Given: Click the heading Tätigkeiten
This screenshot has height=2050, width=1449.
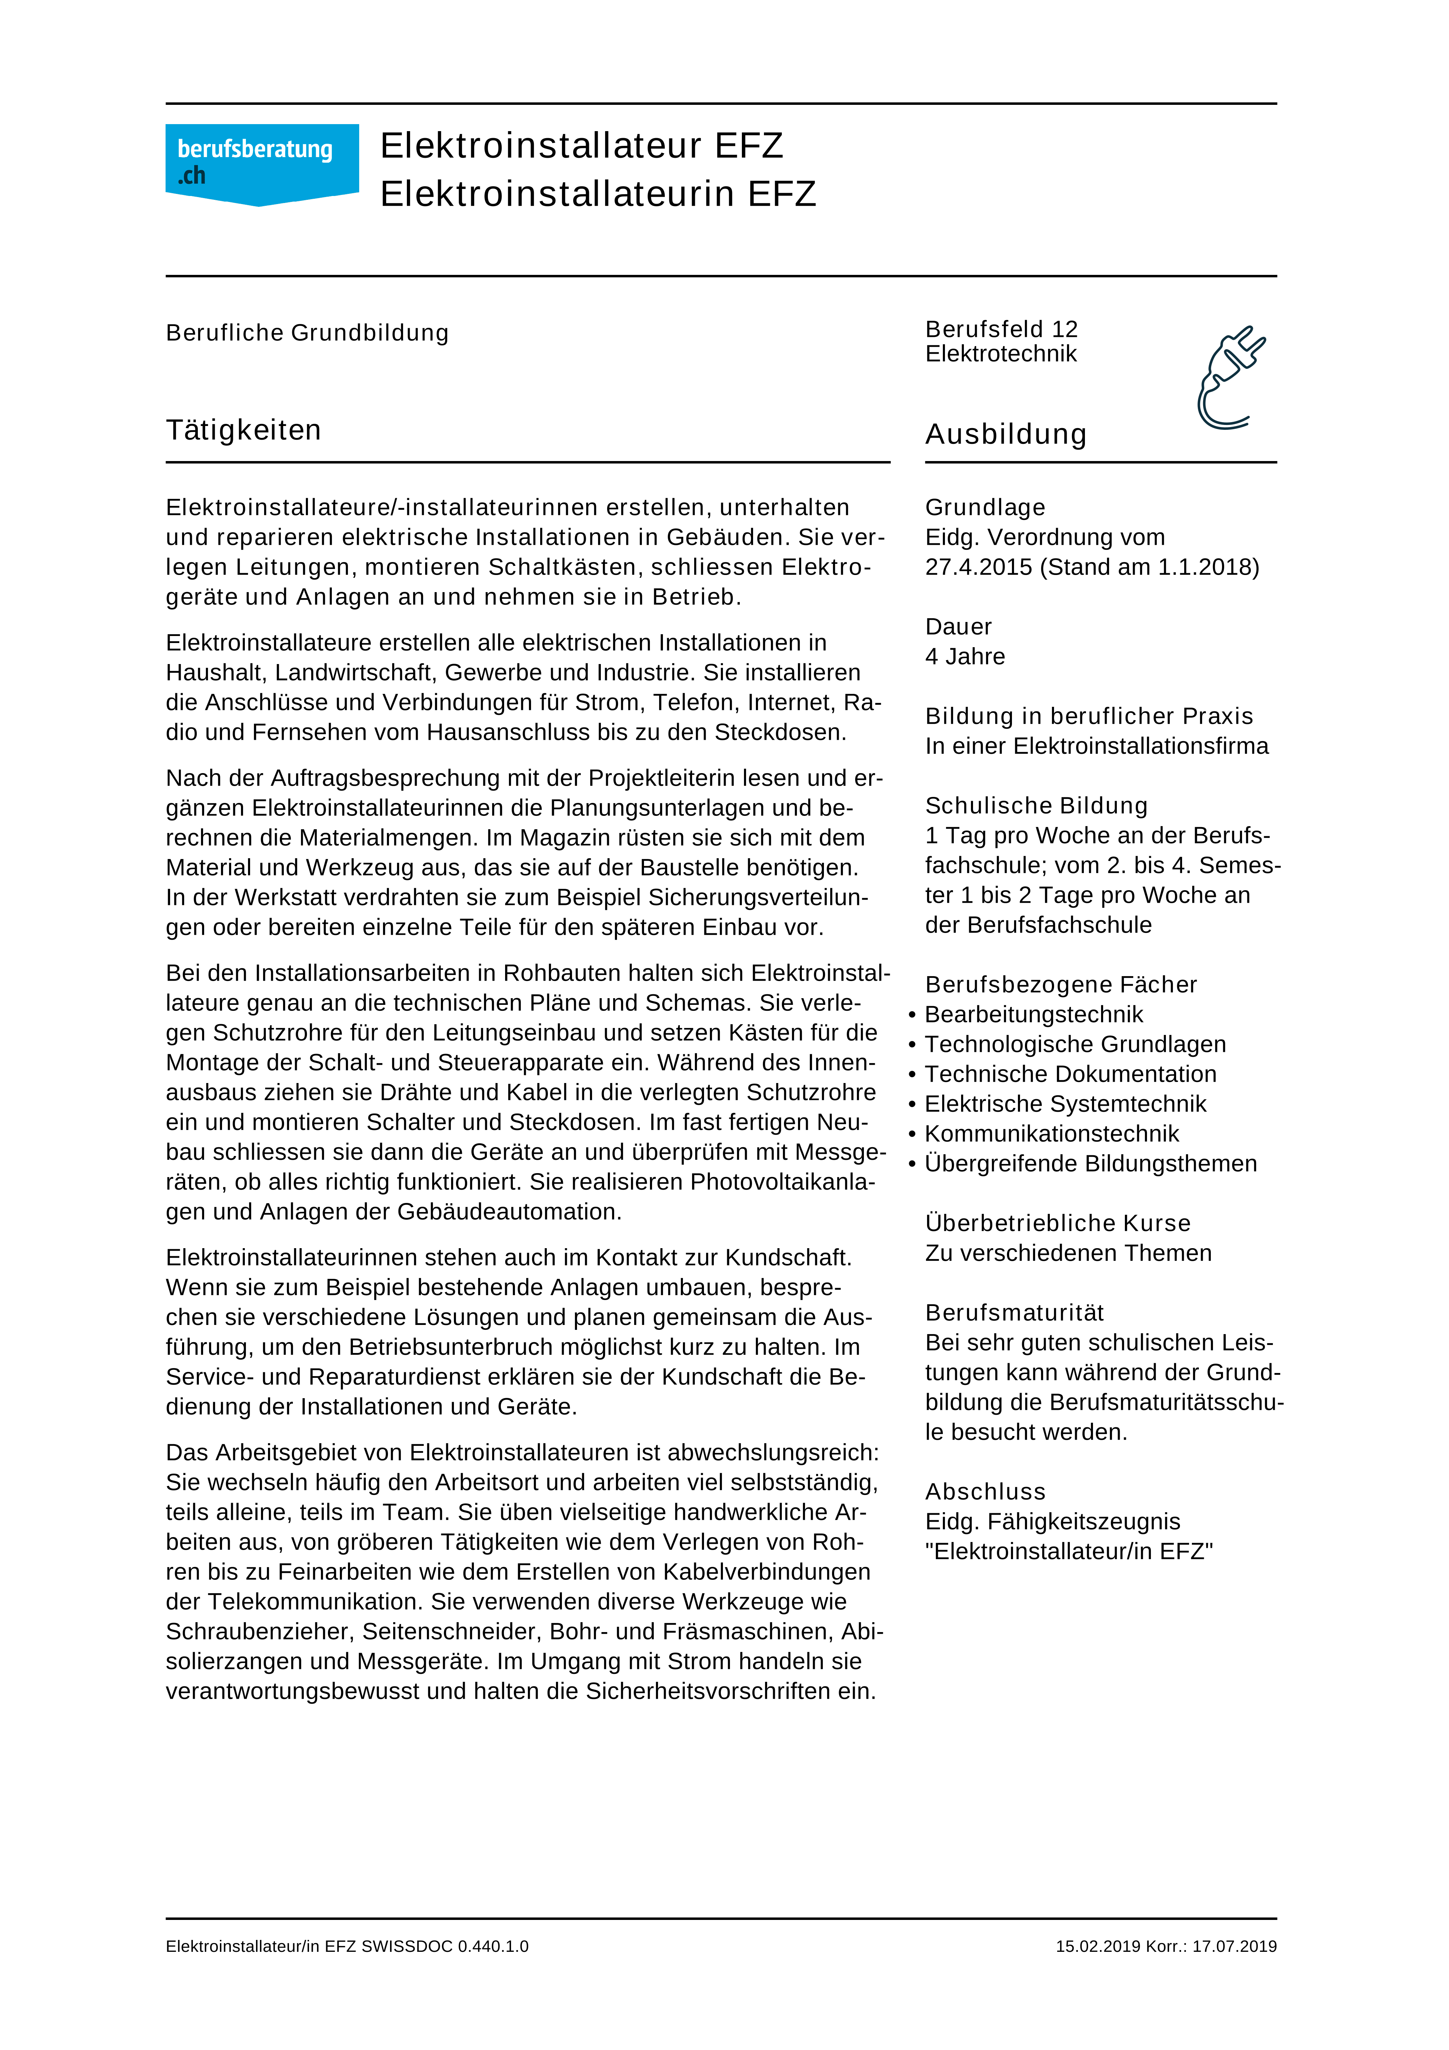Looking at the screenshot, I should pos(243,430).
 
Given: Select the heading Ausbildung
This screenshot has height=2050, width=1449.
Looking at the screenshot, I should pos(1006,435).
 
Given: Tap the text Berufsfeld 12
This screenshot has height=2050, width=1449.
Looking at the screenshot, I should pos(1001,330).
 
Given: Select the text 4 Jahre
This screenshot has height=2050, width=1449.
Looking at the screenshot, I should pos(965,657).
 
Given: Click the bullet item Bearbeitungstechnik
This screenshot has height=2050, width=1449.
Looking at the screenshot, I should pos(1034,1015).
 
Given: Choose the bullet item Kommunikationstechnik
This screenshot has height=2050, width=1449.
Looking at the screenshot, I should pos(1052,1134).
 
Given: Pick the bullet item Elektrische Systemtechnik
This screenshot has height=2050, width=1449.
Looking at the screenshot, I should pos(1065,1104).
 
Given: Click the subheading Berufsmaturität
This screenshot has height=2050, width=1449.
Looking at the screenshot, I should pos(1014,1313).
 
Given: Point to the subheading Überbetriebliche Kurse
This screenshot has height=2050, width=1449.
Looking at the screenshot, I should pos(1058,1223).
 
